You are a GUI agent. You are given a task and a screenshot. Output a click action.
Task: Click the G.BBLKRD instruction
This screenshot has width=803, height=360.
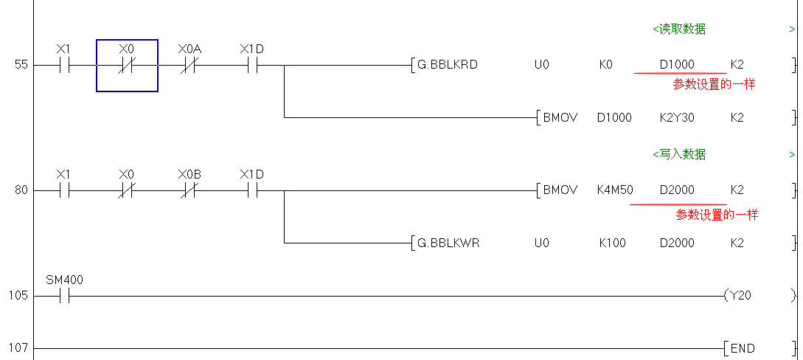click(448, 65)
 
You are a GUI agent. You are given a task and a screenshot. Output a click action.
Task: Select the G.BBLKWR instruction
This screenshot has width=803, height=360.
click(448, 243)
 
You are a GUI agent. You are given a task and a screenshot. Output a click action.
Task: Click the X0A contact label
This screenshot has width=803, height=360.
click(190, 49)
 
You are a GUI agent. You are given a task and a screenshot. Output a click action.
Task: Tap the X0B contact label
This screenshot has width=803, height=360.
click(190, 175)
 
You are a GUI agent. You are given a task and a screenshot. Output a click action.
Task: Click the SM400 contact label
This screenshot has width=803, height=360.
click(65, 280)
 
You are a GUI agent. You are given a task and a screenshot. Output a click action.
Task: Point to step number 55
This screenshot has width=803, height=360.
click(21, 65)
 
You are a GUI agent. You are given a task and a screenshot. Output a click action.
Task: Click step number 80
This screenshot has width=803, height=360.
click(21, 190)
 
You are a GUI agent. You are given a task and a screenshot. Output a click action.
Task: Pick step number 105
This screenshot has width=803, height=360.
click(18, 296)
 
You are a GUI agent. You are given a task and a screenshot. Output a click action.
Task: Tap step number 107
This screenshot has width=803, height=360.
click(18, 348)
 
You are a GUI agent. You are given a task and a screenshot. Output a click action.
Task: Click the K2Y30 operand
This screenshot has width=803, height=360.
click(676, 117)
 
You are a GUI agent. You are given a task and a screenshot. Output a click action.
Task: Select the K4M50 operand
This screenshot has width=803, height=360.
click(615, 190)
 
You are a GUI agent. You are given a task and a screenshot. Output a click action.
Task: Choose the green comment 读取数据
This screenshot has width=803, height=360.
click(679, 30)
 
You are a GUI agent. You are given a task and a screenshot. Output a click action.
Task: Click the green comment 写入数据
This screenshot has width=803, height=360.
click(679, 155)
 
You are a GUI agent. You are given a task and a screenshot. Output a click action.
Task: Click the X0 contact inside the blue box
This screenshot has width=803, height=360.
click(127, 65)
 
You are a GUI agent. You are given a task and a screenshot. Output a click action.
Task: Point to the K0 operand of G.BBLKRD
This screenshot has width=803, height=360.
click(606, 65)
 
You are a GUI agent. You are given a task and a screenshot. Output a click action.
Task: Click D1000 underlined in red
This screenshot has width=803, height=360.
click(677, 65)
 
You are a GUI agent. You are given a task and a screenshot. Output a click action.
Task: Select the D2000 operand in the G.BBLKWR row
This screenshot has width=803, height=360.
click(677, 243)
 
